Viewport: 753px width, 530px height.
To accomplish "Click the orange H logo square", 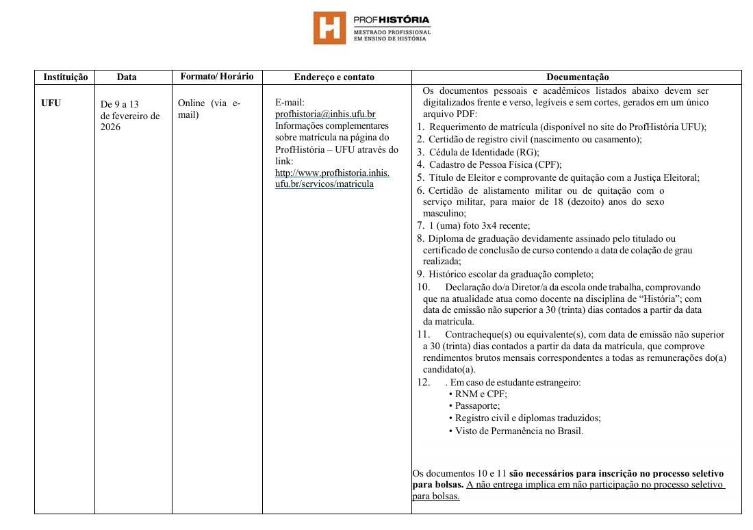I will [329, 27].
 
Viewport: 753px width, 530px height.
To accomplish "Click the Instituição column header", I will [65, 77].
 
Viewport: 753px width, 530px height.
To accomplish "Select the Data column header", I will [127, 77].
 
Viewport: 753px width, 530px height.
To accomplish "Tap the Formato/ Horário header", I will [216, 77].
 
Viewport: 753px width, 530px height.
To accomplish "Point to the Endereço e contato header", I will [334, 77].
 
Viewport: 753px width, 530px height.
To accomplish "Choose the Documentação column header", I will [577, 77].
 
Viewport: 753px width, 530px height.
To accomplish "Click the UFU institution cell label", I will [51, 103].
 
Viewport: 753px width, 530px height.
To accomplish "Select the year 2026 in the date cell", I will [110, 128].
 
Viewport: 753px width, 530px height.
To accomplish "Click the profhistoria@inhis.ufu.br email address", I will [324, 114].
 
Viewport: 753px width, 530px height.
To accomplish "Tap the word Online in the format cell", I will [191, 103].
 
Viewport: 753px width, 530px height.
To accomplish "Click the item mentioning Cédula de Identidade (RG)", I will [484, 152].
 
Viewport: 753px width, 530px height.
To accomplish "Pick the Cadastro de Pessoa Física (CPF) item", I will [495, 164].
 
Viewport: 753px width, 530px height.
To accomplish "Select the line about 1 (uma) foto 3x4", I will [479, 225].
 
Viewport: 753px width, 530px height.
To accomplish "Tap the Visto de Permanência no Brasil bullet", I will [519, 431].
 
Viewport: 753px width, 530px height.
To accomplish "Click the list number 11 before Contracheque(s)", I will [422, 335].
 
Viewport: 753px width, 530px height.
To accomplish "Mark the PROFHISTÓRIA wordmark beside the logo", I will [392, 20].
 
